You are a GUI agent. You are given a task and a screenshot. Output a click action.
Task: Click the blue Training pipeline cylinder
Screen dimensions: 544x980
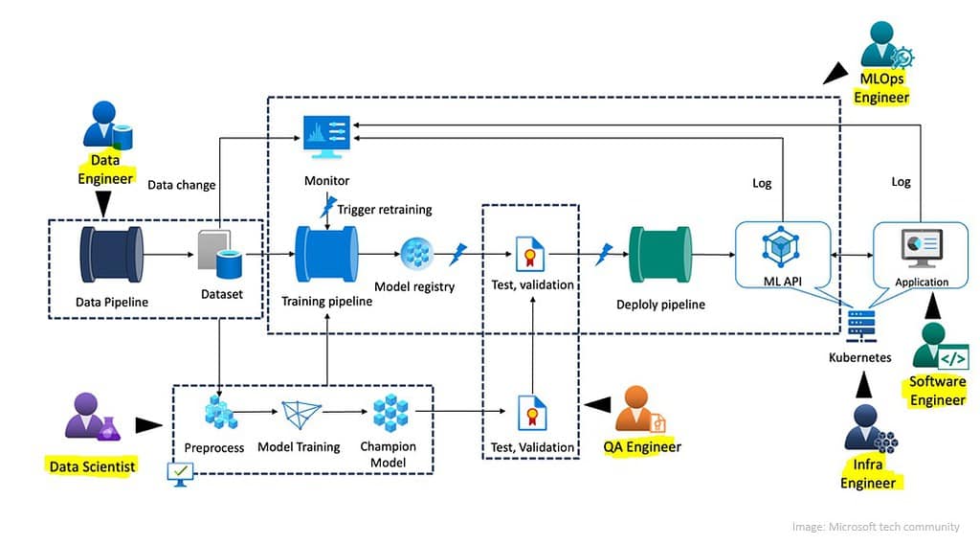pyautogui.click(x=326, y=256)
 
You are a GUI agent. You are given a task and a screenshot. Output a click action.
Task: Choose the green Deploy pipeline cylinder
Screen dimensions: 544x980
pyautogui.click(x=659, y=256)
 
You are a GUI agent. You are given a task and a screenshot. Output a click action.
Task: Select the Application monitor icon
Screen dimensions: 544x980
pyautogui.click(x=922, y=248)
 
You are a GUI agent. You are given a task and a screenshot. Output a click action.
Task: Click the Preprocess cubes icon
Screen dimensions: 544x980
pyautogui.click(x=221, y=414)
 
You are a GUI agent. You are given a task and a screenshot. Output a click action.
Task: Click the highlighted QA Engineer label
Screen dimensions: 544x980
pyautogui.click(x=642, y=447)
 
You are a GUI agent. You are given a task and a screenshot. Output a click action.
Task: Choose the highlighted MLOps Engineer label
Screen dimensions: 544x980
pyautogui.click(x=881, y=88)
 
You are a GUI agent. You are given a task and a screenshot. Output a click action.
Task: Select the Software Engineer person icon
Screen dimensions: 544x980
pyautogui.click(x=938, y=347)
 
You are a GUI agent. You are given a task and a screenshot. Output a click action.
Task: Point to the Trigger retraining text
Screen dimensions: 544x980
pyautogui.click(x=384, y=209)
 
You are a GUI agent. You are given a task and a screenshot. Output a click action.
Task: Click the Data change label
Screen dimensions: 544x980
pyautogui.click(x=181, y=184)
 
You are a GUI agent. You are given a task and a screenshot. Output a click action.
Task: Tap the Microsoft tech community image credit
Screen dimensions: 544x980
pyautogui.click(x=875, y=527)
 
